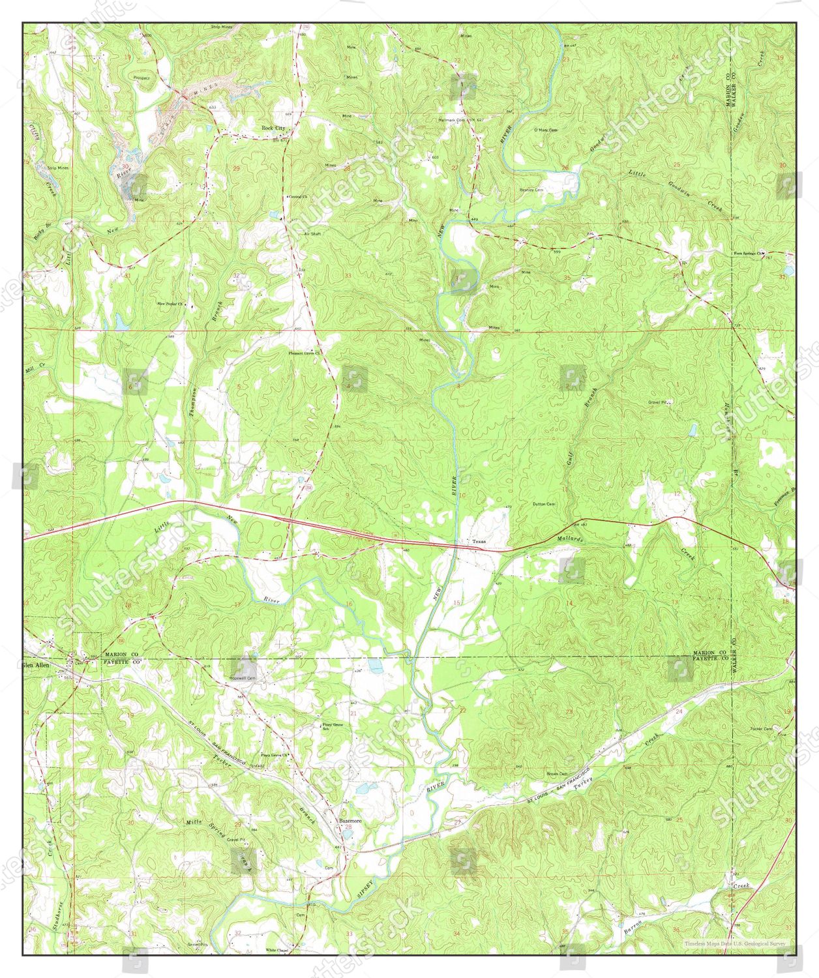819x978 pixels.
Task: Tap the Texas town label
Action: pos(479,542)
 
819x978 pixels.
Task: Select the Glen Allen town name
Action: pos(36,666)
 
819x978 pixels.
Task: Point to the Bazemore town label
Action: pos(350,820)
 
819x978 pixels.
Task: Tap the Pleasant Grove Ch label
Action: pos(305,353)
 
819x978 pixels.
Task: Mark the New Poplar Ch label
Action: pos(171,304)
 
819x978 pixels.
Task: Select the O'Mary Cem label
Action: pos(546,130)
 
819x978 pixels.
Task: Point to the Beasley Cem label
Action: pos(531,190)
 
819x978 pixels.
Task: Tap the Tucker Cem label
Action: pos(761,728)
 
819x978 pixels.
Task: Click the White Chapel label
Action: pos(276,950)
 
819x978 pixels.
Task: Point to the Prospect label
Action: pos(141,78)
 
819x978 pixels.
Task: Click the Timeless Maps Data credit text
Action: pos(734,943)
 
